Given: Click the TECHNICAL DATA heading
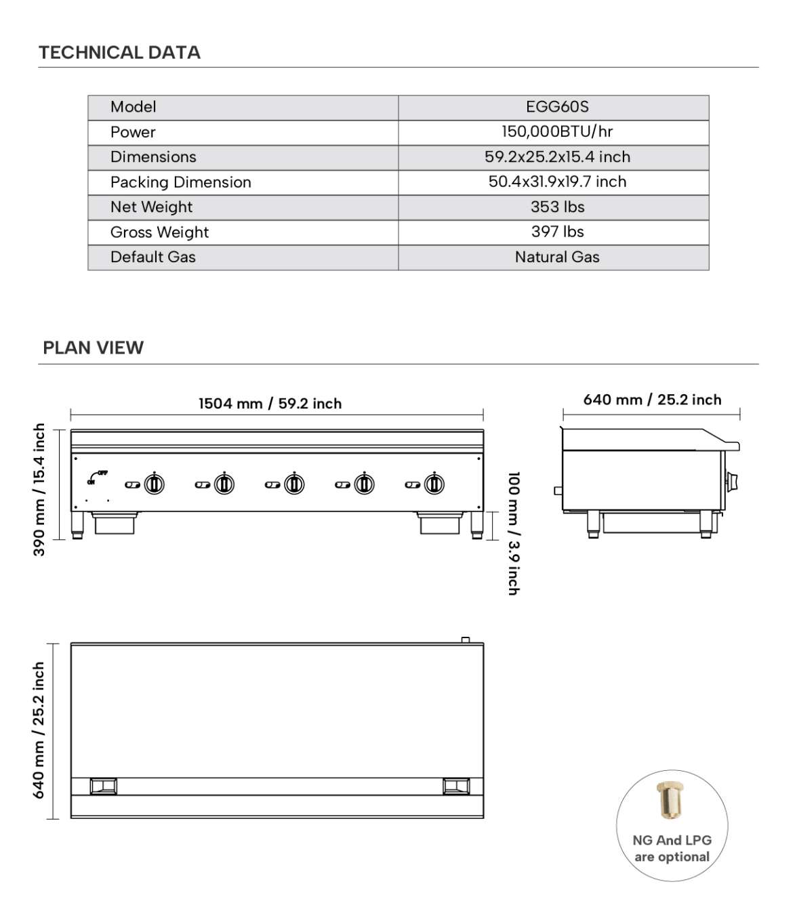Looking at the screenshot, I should (119, 52).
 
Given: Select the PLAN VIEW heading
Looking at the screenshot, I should (93, 348).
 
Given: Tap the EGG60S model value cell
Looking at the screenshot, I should (557, 107).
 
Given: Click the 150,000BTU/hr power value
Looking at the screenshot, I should (557, 132).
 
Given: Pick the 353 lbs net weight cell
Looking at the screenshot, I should (557, 207).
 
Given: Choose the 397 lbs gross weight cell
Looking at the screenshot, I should (557, 232).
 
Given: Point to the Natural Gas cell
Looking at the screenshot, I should (557, 257).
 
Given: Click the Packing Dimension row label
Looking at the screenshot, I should (180, 182).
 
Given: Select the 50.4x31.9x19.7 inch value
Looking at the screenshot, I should (557, 182).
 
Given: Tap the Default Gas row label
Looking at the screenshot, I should (152, 257).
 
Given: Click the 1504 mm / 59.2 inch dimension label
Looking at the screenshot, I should (270, 404).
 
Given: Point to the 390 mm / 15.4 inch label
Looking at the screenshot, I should (39, 489).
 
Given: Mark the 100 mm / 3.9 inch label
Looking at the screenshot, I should (514, 534).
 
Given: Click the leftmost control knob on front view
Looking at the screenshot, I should (155, 484).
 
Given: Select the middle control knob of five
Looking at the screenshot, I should (294, 484).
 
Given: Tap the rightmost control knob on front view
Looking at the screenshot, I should (434, 484).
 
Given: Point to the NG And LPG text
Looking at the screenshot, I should (672, 840).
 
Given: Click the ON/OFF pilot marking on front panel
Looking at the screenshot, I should (96, 477).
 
